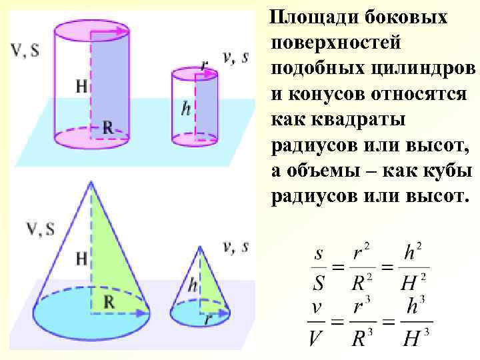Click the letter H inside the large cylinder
coord(81,86)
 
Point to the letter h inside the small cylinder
coord(187,108)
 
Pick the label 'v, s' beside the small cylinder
coord(235,57)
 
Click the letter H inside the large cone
coord(81,258)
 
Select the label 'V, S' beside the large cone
coord(39,230)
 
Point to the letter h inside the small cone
coord(193,285)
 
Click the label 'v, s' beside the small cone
coord(235,247)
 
